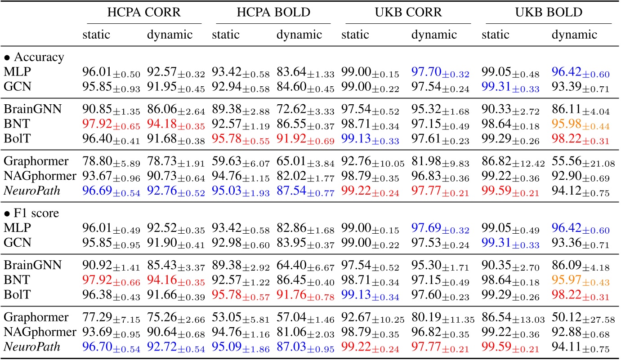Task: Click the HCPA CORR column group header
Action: (x=144, y=13)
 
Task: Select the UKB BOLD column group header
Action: (x=549, y=13)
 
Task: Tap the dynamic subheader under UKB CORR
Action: (x=434, y=35)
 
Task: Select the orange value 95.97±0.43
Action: (x=580, y=286)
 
